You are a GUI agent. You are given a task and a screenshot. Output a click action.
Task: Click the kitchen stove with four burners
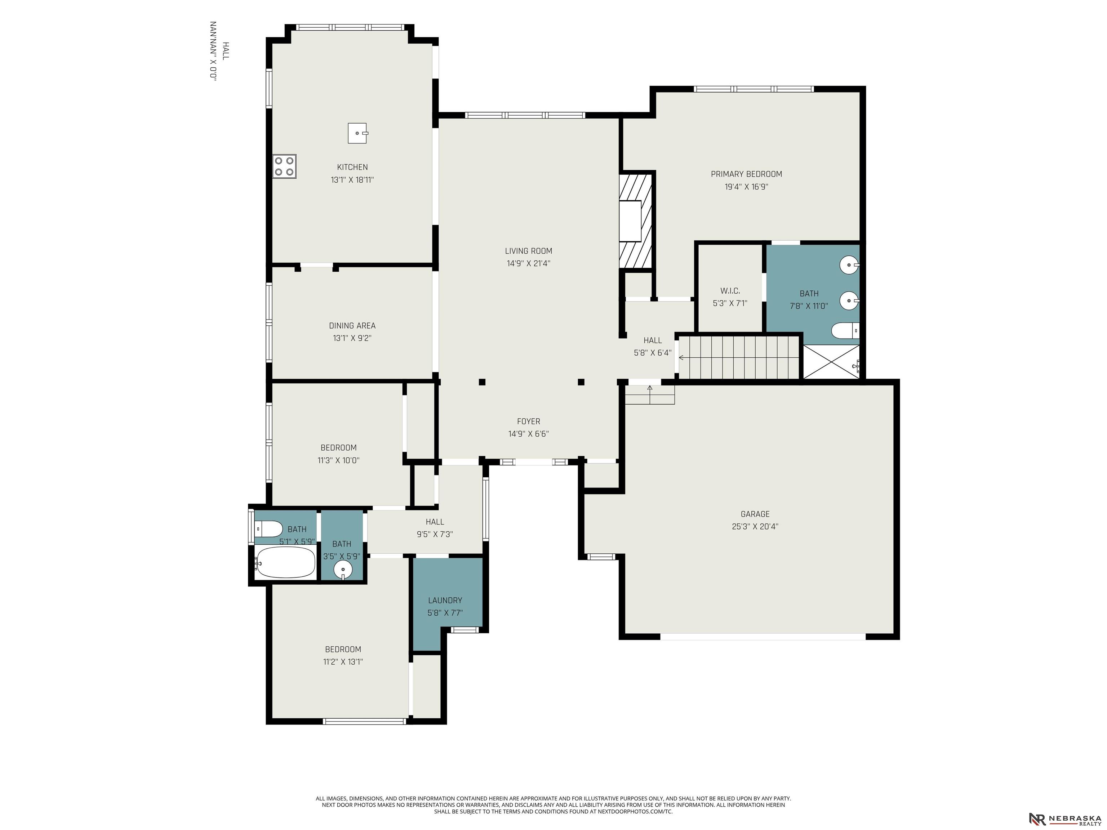pyautogui.click(x=284, y=166)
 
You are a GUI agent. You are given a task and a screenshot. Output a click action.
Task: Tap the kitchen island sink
pyautogui.click(x=358, y=133)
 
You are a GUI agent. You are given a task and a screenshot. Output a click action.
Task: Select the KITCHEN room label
pyautogui.click(x=352, y=167)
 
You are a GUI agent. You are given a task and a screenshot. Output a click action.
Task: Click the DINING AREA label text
pyautogui.click(x=352, y=326)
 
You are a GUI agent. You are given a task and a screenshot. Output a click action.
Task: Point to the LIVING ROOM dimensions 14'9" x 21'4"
pyautogui.click(x=529, y=263)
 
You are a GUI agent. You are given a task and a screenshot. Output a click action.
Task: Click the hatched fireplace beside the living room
pyautogui.click(x=636, y=220)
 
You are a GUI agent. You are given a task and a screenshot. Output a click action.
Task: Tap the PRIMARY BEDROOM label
pyautogui.click(x=746, y=174)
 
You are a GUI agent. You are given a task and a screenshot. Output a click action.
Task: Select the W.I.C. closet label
pyautogui.click(x=730, y=291)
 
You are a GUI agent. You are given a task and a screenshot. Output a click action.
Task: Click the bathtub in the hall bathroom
pyautogui.click(x=285, y=562)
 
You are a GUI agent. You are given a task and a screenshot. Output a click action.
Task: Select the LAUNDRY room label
pyautogui.click(x=445, y=601)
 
